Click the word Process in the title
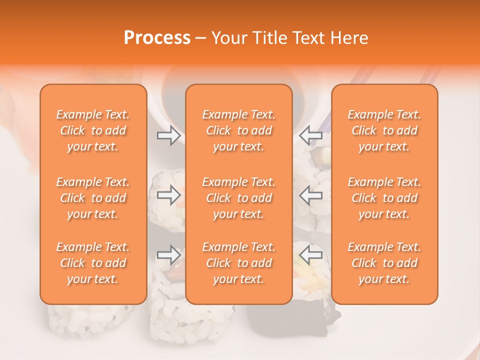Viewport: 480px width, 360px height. tap(157, 38)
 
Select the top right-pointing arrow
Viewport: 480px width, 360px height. tap(169, 135)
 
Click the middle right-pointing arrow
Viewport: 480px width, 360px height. tap(169, 195)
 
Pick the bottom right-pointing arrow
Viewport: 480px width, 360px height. tap(169, 255)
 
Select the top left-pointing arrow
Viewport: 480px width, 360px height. tap(311, 135)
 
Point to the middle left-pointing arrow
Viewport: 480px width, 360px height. tap(311, 195)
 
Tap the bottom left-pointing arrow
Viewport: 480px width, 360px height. tap(311, 255)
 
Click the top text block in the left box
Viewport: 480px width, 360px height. tap(93, 130)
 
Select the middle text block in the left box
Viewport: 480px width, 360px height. tap(93, 198)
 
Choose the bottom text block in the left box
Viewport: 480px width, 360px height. tap(93, 263)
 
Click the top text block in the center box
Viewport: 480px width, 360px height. tap(239, 130)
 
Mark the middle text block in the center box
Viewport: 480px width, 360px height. tap(239, 198)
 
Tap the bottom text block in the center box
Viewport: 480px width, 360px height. tap(239, 263)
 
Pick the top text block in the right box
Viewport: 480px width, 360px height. tap(384, 130)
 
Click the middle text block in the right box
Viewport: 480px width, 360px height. tap(384, 198)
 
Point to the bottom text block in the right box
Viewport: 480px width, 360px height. tap(384, 263)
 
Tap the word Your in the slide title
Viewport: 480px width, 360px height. tap(229, 38)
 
